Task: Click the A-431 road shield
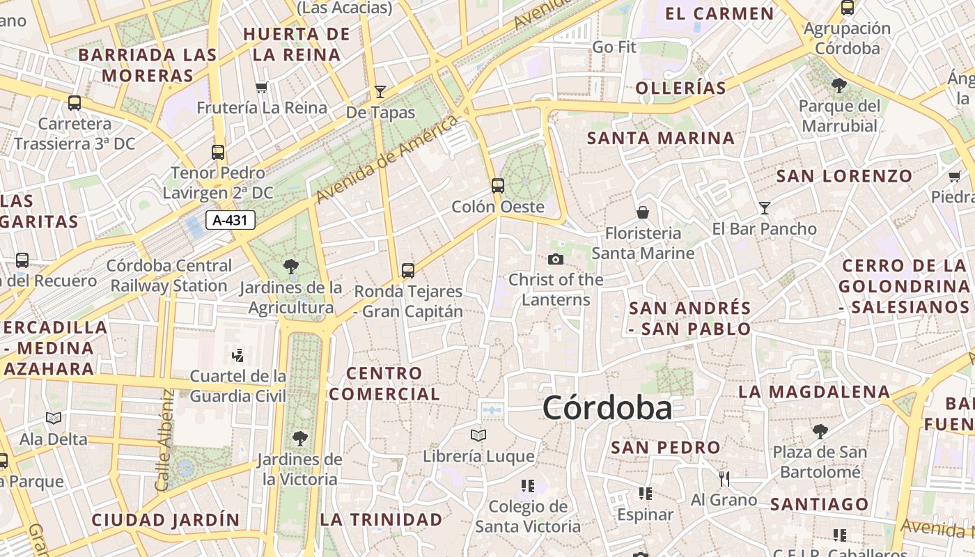[231, 221]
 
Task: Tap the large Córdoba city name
[607, 408]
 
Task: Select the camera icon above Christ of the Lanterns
[556, 260]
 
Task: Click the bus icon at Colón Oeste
[497, 185]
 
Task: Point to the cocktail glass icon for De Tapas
[380, 91]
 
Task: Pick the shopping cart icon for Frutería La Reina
[262, 87]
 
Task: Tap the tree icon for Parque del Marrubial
[839, 86]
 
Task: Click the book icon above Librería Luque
[478, 436]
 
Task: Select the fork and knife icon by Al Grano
[724, 478]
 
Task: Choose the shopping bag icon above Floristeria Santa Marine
[642, 212]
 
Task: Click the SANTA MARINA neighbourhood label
[660, 138]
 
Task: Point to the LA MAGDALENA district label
[814, 392]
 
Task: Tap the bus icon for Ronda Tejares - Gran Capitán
[408, 270]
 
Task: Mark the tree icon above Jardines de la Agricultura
[291, 266]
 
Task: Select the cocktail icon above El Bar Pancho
[765, 207]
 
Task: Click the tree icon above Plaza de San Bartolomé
[820, 432]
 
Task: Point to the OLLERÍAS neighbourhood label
[681, 88]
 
